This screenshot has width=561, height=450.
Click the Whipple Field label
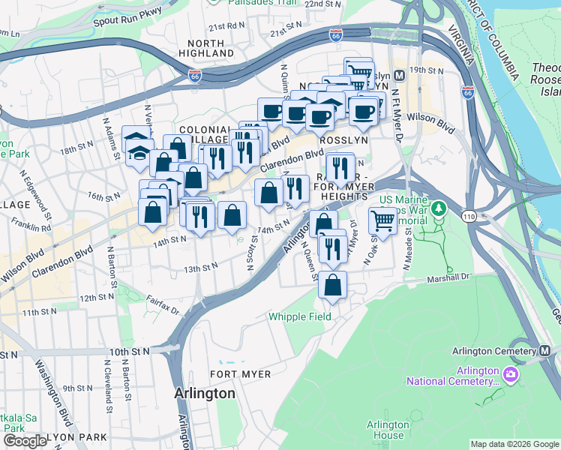300,316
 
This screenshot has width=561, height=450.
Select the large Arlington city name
204,393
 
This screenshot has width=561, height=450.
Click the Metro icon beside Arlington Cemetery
545,351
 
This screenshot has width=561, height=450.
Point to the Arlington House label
388,430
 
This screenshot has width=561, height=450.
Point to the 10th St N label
129,350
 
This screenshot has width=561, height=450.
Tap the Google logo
25,441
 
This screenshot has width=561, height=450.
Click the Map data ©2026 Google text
514,444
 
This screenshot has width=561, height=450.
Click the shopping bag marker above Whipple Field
332,285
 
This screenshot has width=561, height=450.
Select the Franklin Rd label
31,226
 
